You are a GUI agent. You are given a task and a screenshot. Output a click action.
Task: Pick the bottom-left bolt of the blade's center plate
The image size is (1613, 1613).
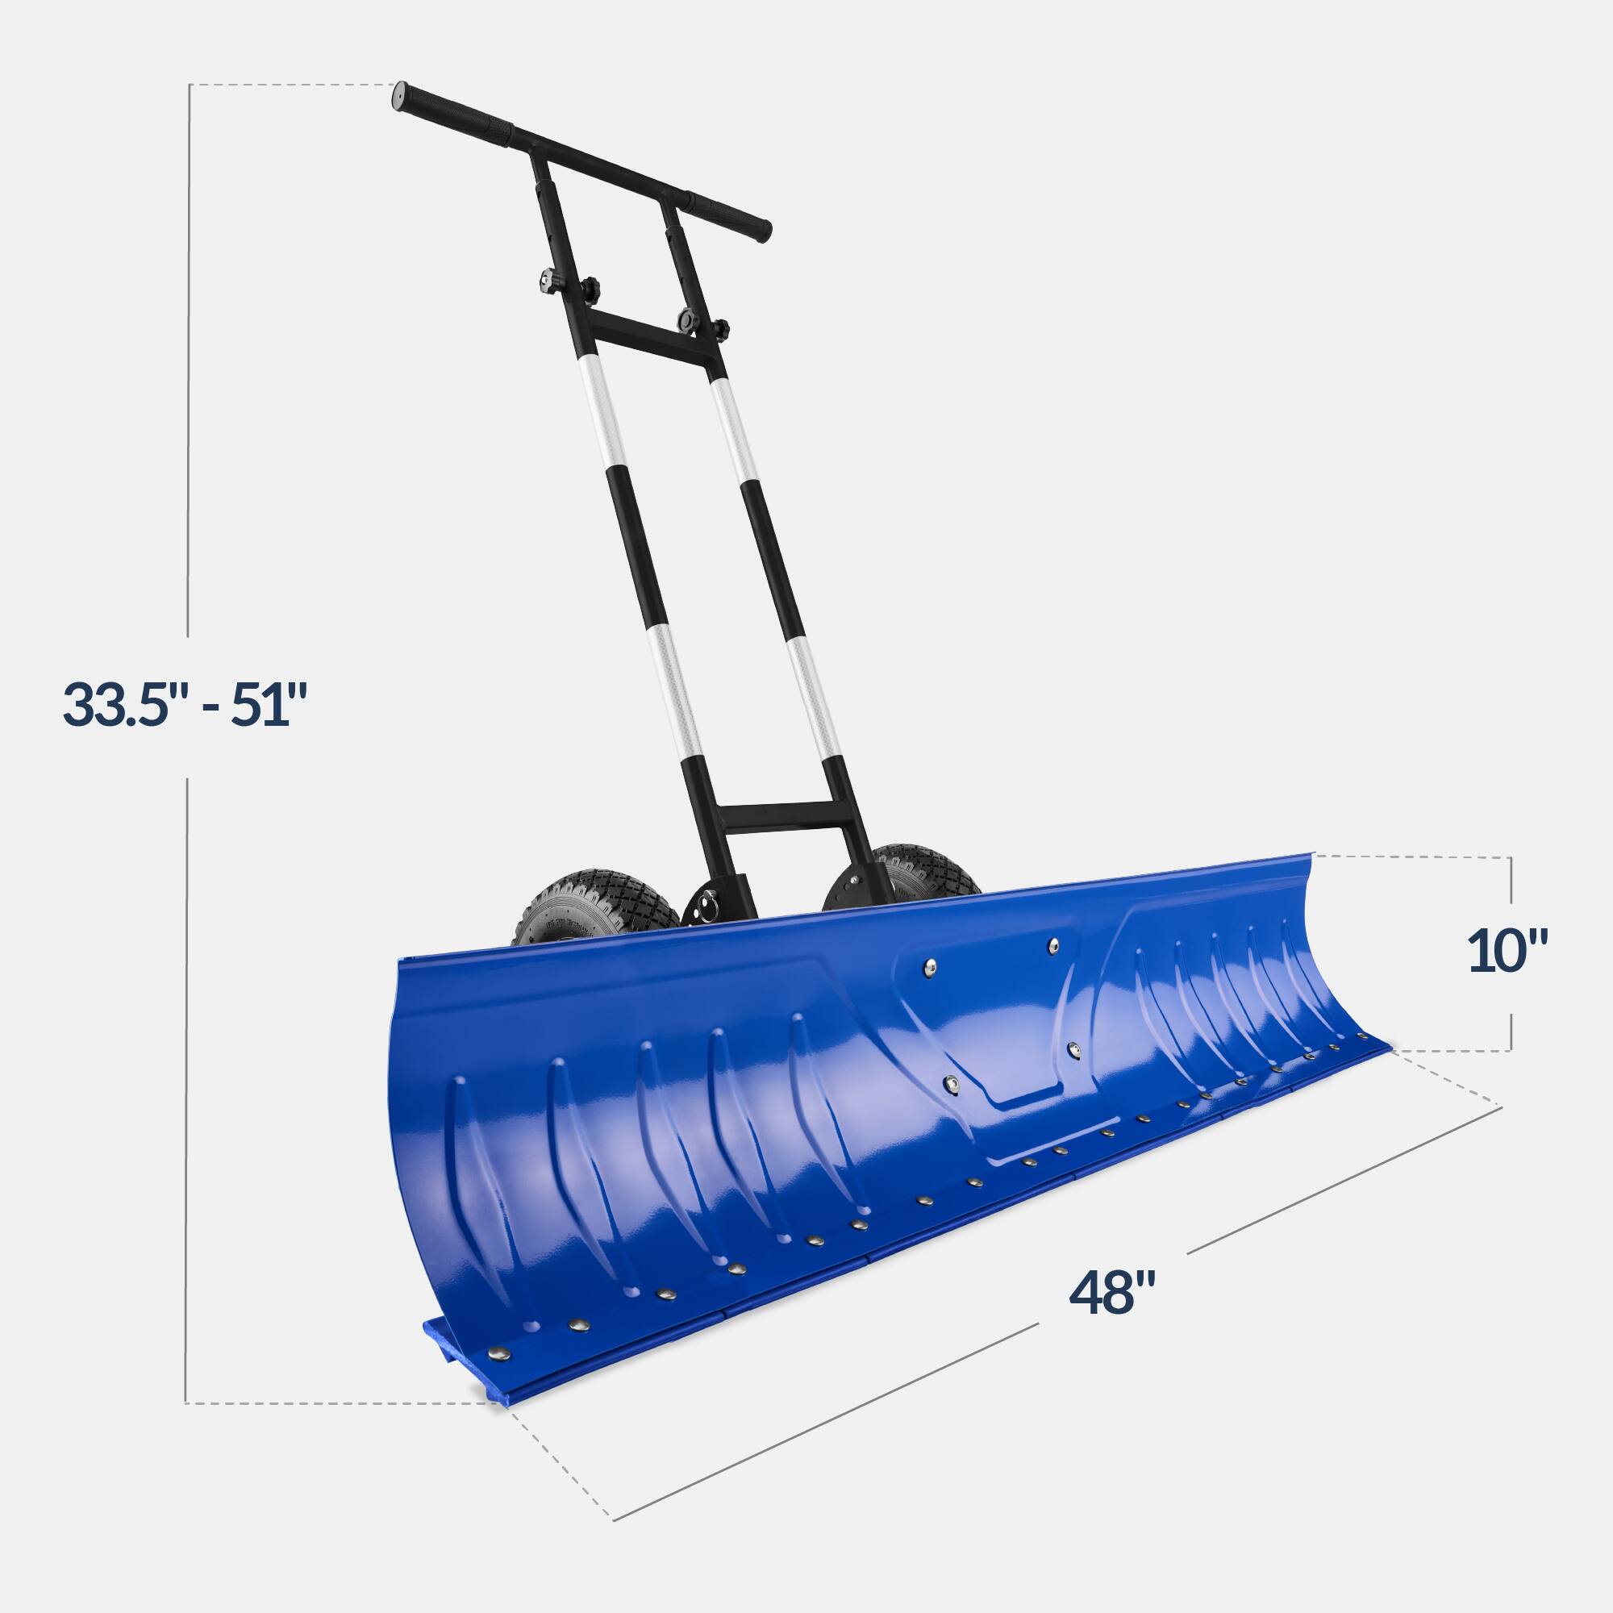[951, 1085]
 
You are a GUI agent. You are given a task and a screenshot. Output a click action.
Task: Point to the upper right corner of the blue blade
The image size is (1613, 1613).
[1311, 855]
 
